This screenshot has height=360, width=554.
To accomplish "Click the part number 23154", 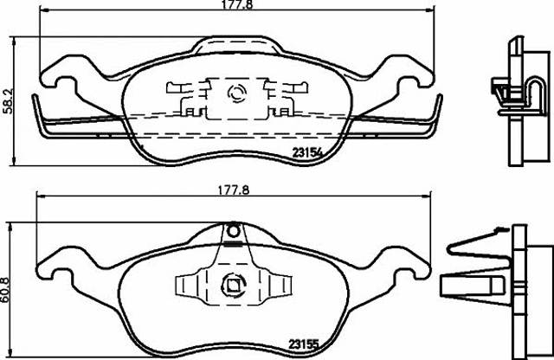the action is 307,152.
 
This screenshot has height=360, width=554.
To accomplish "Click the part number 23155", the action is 304,344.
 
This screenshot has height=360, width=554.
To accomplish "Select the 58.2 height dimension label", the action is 8,101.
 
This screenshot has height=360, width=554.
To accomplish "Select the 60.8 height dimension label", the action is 6,289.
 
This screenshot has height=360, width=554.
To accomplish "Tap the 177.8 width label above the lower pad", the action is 233,190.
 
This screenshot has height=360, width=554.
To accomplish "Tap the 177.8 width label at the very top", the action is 237,4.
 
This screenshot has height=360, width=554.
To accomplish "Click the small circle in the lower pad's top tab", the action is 233,232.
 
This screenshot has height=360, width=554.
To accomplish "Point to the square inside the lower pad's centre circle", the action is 233,285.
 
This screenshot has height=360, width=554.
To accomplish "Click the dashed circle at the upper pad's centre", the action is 236,93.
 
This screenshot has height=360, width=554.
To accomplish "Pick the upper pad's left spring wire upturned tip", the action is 35,96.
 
